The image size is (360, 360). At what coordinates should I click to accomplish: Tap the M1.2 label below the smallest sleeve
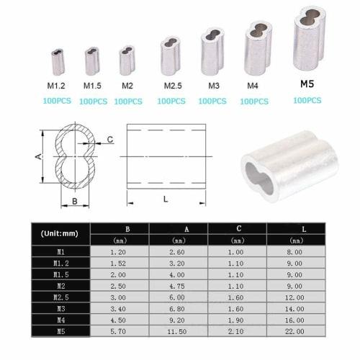[57, 86]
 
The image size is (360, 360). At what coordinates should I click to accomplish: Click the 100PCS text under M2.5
[171, 102]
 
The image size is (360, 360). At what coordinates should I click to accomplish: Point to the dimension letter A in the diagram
[37, 156]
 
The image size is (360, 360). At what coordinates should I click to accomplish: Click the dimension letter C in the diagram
[109, 138]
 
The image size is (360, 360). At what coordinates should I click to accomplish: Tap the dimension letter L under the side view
[166, 199]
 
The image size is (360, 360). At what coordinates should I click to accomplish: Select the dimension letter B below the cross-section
[74, 202]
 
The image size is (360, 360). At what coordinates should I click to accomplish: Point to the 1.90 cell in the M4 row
[237, 320]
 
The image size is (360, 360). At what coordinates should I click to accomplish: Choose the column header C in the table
[237, 229]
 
